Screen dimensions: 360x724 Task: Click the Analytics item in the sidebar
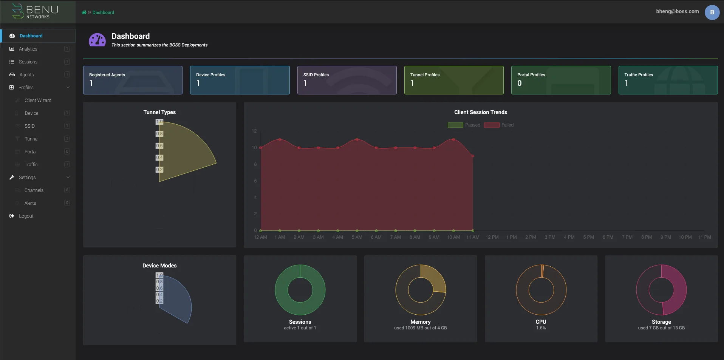pyautogui.click(x=28, y=49)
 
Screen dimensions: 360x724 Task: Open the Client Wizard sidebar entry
pyautogui.click(x=38, y=100)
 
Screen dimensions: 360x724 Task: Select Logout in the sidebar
pyautogui.click(x=26, y=216)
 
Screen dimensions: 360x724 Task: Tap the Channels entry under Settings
pyautogui.click(x=34, y=190)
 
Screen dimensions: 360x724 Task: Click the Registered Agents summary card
pyautogui.click(x=133, y=80)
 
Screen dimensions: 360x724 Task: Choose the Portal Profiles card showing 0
pyautogui.click(x=561, y=80)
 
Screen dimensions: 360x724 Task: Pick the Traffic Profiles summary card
pyautogui.click(x=668, y=80)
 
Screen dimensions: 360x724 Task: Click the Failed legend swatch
pyautogui.click(x=492, y=125)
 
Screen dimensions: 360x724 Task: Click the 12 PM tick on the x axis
pyautogui.click(x=492, y=237)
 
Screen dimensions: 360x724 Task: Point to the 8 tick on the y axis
pyautogui.click(x=255, y=164)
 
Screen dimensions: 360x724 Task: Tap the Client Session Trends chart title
pyautogui.click(x=481, y=112)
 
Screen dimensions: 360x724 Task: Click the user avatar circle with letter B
pyautogui.click(x=712, y=12)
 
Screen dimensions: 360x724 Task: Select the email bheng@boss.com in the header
pyautogui.click(x=677, y=11)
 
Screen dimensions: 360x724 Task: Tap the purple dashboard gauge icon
pyautogui.click(x=97, y=40)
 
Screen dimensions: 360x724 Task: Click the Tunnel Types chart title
pyautogui.click(x=159, y=112)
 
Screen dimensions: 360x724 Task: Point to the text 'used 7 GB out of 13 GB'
pyautogui.click(x=661, y=328)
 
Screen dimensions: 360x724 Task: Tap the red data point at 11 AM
pyautogui.click(x=473, y=156)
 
